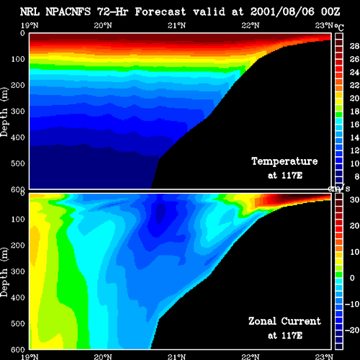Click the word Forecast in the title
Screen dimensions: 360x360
[x=161, y=12]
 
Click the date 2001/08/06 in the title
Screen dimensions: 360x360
[x=282, y=12]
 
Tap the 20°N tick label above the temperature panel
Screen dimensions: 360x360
[x=103, y=25]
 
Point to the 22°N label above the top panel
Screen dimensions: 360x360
[x=251, y=25]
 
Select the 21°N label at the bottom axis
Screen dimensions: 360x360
[x=176, y=356]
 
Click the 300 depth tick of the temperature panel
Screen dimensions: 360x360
[x=18, y=112]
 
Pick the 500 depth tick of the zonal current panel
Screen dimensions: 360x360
[x=18, y=323]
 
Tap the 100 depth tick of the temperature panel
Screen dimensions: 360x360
[x=18, y=59]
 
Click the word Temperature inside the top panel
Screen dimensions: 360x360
[x=284, y=161]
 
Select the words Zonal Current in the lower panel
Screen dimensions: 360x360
[x=284, y=321]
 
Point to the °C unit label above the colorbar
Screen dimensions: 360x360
[x=339, y=27]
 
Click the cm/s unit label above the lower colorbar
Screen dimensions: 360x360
[x=339, y=189]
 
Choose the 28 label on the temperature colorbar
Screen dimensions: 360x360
[x=354, y=46]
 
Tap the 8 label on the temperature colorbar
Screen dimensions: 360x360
[x=357, y=176]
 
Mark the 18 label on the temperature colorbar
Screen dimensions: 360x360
[x=354, y=112]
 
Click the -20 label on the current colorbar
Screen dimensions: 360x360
[x=352, y=330]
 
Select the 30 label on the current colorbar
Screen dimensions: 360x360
[x=354, y=199]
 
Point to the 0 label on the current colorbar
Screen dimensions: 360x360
[x=352, y=278]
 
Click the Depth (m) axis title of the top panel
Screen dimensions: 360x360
[x=4, y=112]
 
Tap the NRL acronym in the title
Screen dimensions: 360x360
[x=30, y=12]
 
